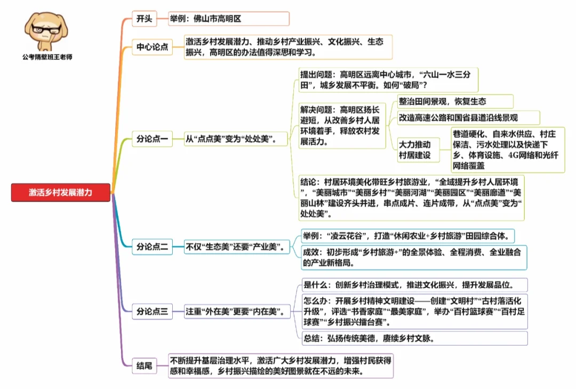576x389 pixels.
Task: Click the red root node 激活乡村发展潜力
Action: click(x=60, y=193)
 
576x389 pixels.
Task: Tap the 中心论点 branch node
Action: click(x=152, y=47)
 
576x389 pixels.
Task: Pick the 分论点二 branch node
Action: click(x=152, y=247)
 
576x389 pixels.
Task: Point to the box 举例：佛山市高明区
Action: click(x=228, y=19)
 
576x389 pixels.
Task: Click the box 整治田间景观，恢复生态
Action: click(x=455, y=101)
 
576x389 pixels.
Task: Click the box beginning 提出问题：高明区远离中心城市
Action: click(x=388, y=80)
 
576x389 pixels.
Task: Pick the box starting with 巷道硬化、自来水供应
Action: click(x=507, y=150)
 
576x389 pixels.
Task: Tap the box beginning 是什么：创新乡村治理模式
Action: click(x=414, y=284)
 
